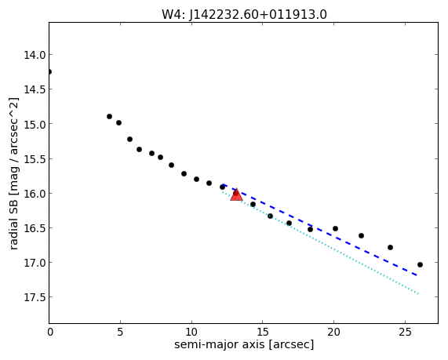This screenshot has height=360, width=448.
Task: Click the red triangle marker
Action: point(236,195)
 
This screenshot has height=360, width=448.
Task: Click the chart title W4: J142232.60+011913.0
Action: point(244,14)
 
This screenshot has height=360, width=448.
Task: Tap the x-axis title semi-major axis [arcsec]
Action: point(244,344)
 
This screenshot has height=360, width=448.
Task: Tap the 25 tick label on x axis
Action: point(405,332)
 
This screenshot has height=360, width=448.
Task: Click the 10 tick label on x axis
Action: point(191,332)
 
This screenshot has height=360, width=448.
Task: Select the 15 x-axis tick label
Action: point(263,332)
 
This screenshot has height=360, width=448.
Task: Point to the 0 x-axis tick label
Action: point(50,332)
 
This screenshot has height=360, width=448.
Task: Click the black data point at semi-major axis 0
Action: point(49,71)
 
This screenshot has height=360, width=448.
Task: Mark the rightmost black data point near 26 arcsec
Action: point(420,264)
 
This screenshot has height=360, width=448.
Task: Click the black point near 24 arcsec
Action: point(390,247)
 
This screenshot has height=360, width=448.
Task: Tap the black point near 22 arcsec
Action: point(361,236)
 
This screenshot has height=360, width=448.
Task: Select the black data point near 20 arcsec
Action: point(336,228)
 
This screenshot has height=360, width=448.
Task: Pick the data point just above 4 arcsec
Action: point(109,116)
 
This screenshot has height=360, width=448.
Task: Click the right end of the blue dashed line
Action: point(417,275)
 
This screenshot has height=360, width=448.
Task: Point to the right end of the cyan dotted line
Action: point(418,293)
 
